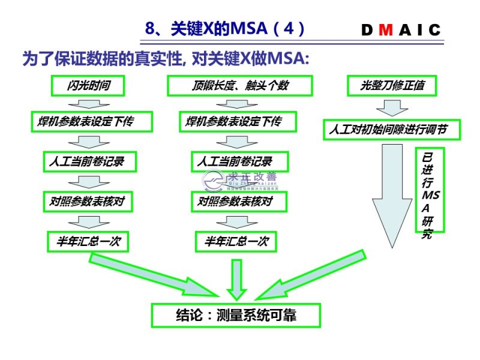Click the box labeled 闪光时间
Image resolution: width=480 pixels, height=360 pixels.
[88, 86]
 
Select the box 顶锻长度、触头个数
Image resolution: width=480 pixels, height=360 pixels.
[240, 86]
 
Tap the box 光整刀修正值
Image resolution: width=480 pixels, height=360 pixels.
[392, 86]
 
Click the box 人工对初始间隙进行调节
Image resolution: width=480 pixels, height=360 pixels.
[392, 130]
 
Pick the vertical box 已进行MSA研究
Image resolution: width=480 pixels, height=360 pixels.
[429, 190]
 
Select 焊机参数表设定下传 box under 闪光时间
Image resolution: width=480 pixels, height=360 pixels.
[91, 122]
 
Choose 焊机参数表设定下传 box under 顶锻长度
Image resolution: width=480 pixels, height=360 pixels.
[239, 122]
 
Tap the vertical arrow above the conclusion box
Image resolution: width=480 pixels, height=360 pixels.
[236, 279]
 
